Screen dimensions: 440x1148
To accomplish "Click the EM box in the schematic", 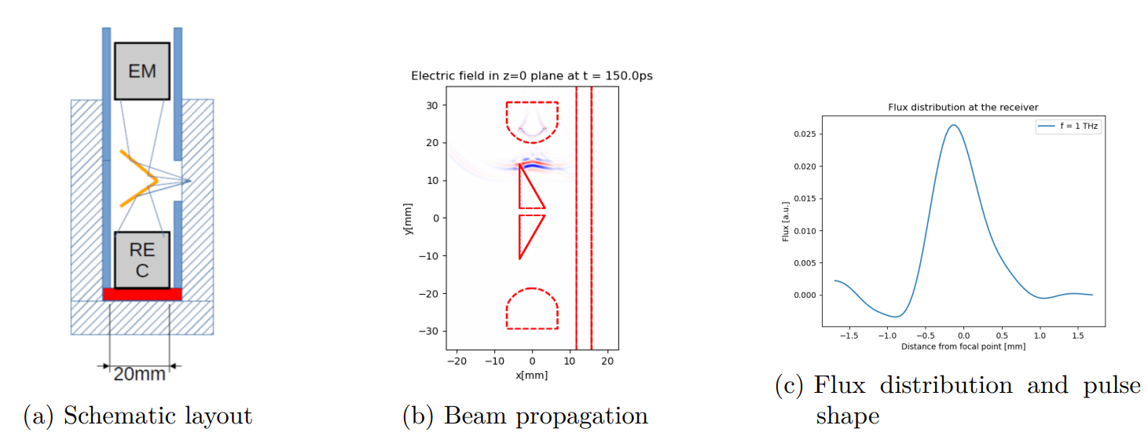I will coord(142,71).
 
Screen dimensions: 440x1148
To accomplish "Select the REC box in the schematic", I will coord(142,260).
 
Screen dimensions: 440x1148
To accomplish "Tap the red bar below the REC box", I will coord(142,294).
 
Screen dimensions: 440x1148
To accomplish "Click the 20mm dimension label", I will coord(140,373).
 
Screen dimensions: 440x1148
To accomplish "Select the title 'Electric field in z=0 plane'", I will coord(532,76).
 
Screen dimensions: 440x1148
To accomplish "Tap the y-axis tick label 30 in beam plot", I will coord(431,105).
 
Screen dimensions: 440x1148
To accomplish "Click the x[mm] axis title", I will coord(532,375).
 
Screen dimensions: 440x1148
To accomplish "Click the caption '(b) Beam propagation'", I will coord(525,416).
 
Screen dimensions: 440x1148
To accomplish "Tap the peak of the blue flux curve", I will coord(953,125).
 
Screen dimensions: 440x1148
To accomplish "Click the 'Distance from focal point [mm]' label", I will coord(963,346).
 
